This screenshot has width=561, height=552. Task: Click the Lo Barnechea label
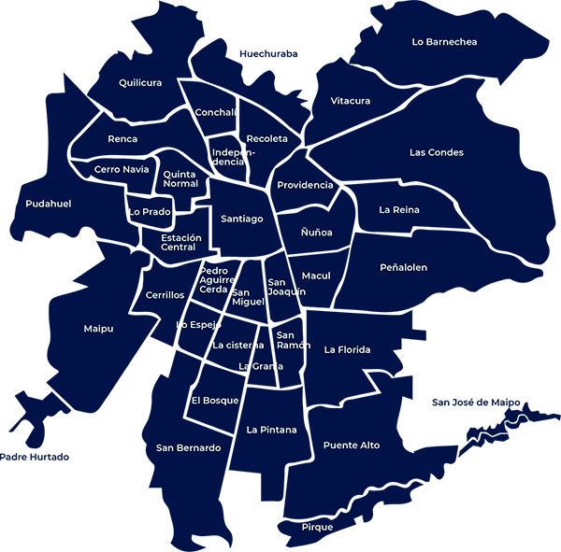pos(443,41)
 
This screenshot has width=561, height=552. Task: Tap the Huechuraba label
pos(268,54)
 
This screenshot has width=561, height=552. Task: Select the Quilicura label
pos(140,82)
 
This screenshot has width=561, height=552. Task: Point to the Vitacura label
pos(351,101)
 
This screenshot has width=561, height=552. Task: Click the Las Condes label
pos(437,152)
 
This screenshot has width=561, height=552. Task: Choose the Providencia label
pos(305,185)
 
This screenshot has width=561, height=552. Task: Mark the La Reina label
pos(399,210)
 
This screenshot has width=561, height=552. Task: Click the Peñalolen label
pos(404,267)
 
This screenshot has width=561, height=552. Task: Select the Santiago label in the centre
pos(241,219)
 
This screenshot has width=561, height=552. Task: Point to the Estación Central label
pos(180,243)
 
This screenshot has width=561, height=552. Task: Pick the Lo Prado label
pos(150,212)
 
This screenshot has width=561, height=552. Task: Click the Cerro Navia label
pos(122,169)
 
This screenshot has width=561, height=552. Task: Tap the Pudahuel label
pos(49,204)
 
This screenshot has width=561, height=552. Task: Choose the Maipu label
pos(98,328)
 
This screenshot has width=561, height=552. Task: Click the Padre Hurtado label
pos(35,458)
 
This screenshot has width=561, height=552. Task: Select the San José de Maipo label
pos(476,403)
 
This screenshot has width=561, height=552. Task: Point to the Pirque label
pos(317,528)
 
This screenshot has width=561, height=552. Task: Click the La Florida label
pos(348,350)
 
